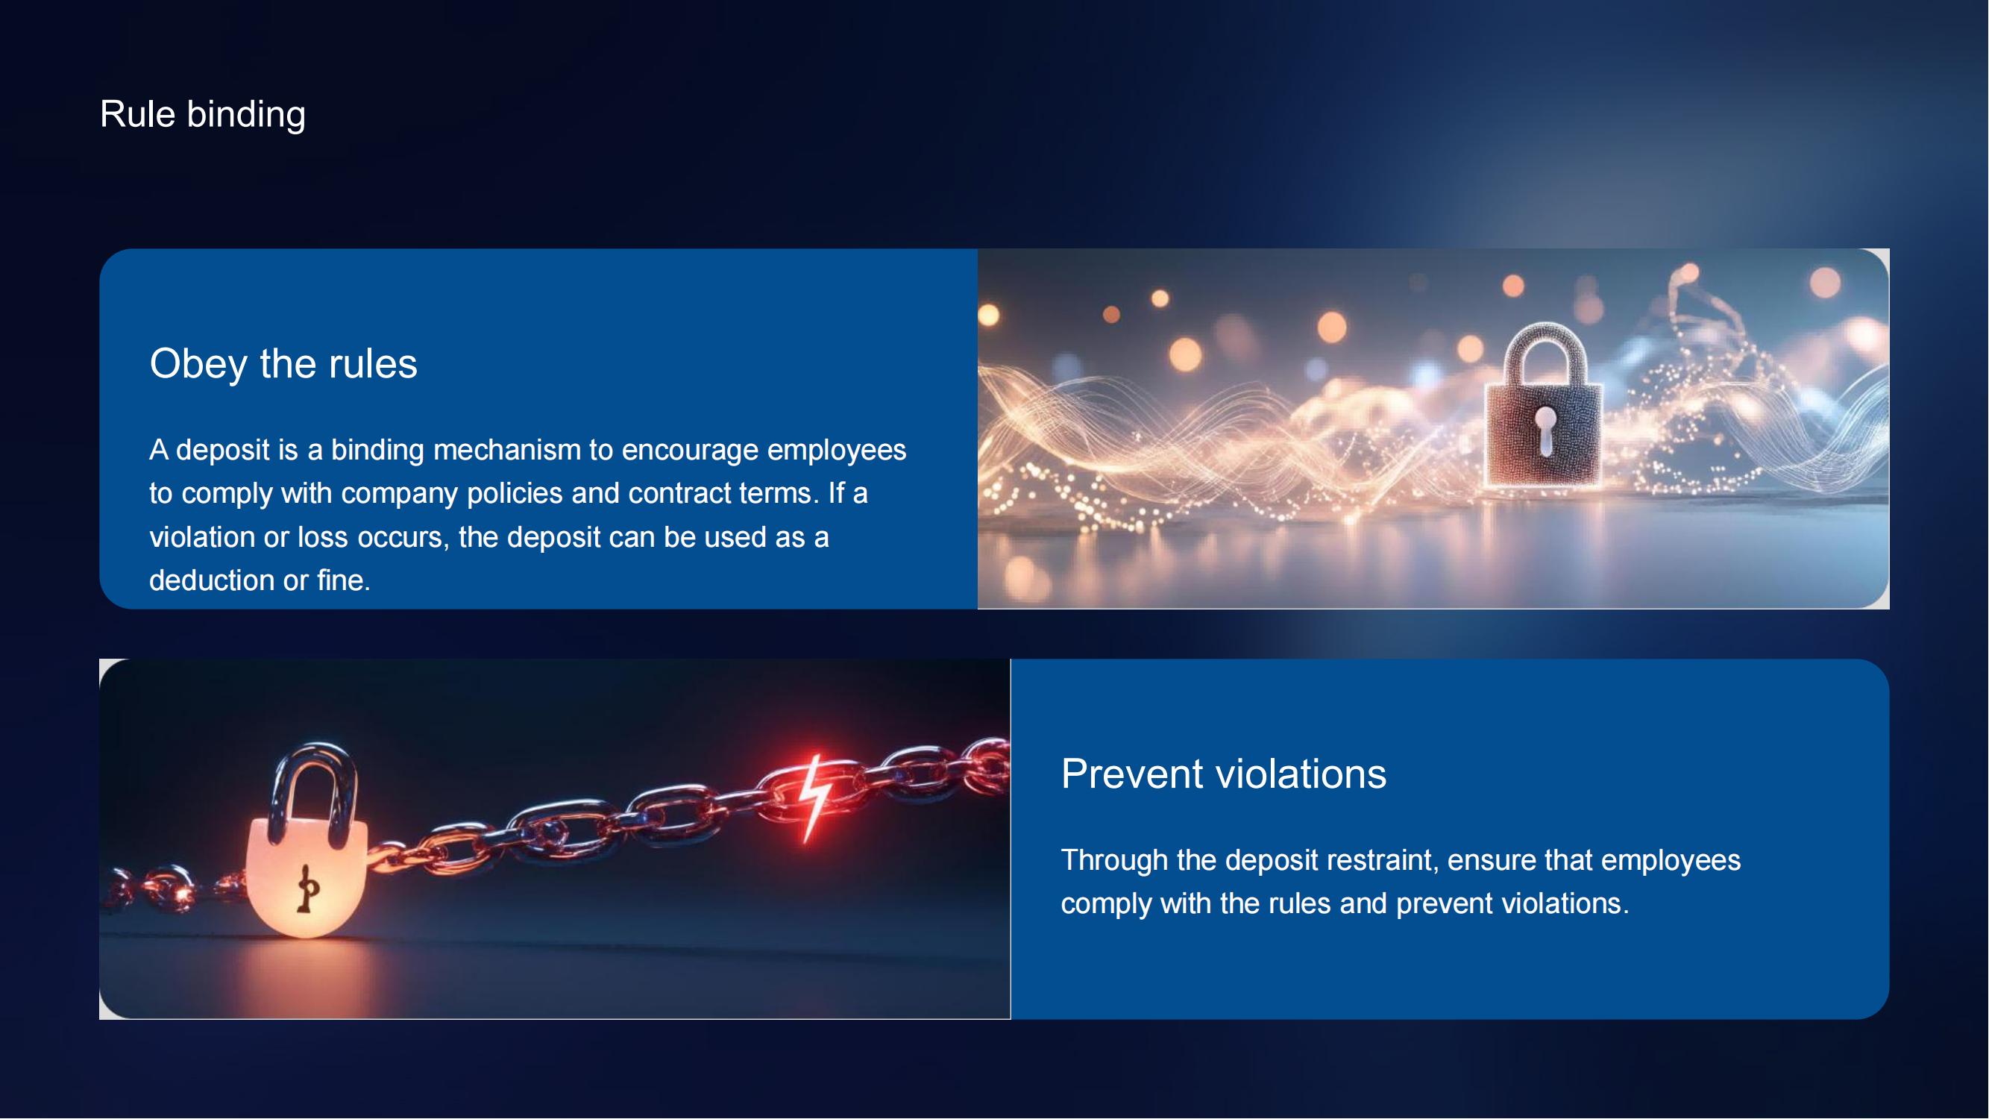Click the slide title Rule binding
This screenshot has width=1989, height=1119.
point(203,114)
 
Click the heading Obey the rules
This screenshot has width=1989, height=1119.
point(283,364)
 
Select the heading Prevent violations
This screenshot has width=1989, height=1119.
point(1224,774)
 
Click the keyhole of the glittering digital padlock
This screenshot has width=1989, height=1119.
point(1546,431)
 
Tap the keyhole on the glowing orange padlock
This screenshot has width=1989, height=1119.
point(308,888)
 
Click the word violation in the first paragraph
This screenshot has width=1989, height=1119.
point(201,537)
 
